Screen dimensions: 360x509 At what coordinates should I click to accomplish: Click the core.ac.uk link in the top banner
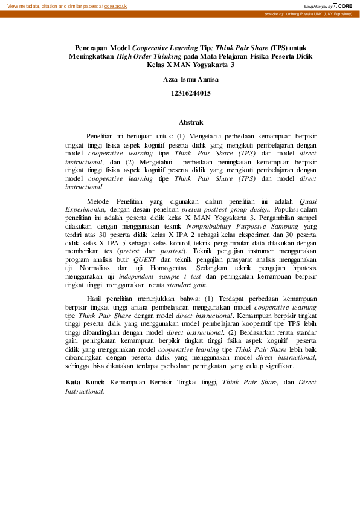[115, 6]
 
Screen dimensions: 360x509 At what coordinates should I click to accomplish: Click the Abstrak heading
[191, 122]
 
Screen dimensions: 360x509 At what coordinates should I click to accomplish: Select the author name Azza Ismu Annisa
[191, 80]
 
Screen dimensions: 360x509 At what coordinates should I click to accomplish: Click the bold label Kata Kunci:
[85, 382]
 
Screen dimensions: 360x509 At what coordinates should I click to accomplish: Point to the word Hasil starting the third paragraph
[97, 298]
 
